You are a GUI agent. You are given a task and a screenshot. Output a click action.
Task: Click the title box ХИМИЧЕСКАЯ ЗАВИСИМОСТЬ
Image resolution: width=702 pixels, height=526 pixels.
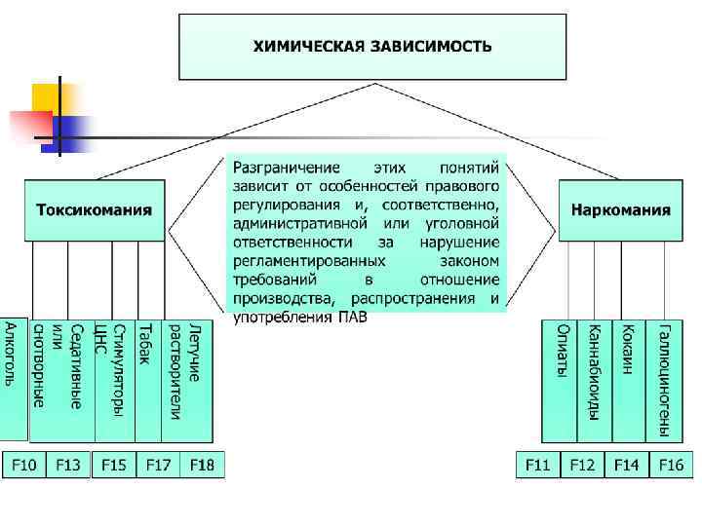(372, 46)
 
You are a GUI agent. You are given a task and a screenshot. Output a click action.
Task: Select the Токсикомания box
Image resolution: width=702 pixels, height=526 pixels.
(95, 209)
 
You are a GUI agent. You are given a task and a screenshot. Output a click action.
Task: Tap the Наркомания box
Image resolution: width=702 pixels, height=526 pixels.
(620, 209)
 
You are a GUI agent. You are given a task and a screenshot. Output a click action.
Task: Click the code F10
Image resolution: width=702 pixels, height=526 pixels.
(23, 466)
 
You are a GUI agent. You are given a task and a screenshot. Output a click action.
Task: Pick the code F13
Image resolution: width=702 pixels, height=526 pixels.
(68, 466)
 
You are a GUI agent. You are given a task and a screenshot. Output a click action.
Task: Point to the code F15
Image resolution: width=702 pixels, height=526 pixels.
(113, 466)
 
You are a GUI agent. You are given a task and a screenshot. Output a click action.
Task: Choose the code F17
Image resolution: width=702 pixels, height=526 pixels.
(158, 466)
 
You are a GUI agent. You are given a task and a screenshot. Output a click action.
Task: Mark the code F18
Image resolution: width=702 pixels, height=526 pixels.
(202, 466)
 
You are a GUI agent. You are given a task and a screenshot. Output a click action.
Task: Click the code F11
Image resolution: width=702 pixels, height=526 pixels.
(538, 466)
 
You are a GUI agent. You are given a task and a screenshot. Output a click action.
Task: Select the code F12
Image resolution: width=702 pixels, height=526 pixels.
(582, 466)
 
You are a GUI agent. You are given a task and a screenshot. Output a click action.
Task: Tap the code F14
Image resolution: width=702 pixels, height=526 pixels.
(626, 466)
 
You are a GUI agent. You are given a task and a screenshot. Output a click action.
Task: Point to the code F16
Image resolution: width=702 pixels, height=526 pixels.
(670, 466)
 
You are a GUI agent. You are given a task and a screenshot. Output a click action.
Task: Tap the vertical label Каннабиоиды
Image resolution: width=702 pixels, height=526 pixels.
(593, 371)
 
